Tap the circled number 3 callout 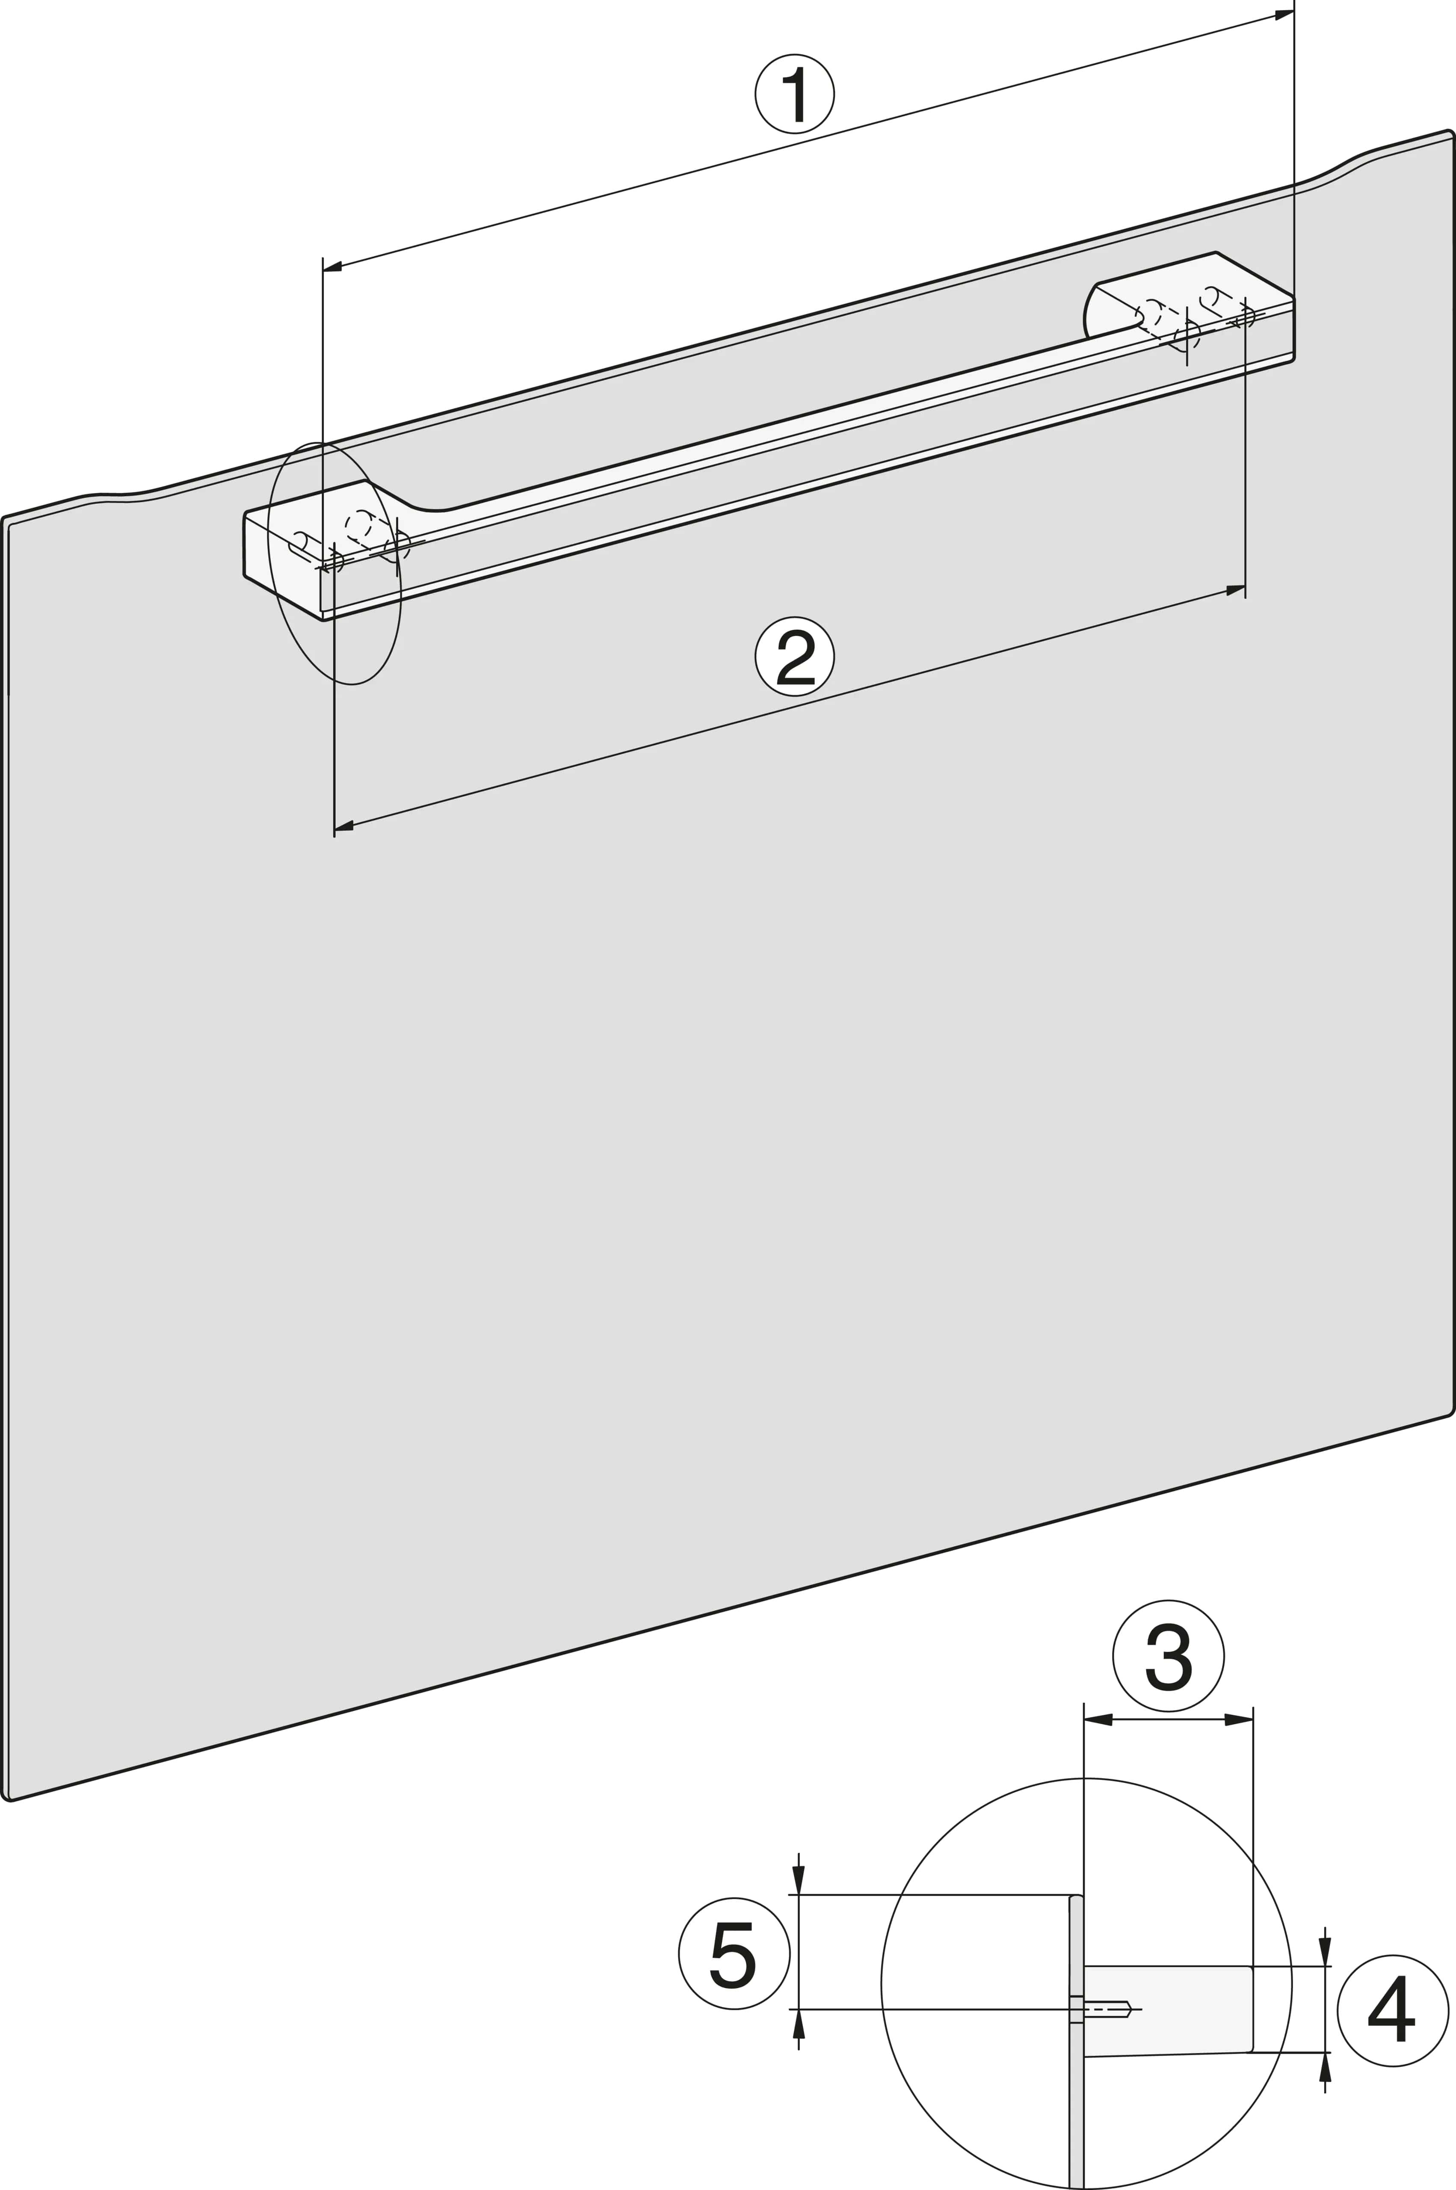[1168, 1655]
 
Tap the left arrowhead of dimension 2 [343, 825]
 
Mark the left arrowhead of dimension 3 [1098, 1719]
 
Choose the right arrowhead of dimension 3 [1239, 1719]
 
